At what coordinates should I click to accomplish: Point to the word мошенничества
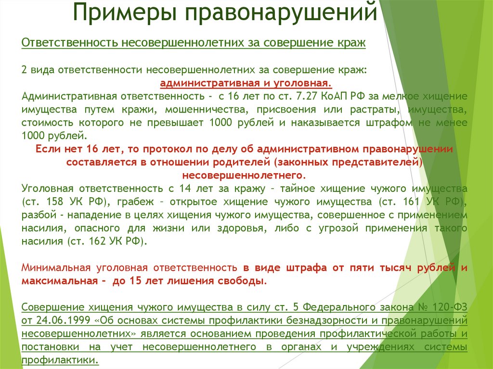tap(220, 109)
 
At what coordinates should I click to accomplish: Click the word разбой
tap(36, 214)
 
